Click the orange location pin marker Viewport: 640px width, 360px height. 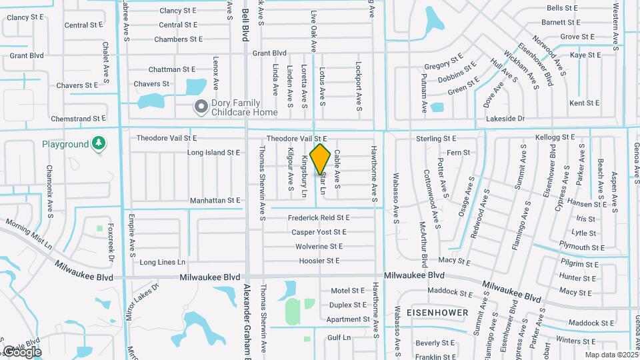pos(320,159)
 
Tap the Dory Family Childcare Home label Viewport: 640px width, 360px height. pos(244,107)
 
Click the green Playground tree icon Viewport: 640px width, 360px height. pos(99,143)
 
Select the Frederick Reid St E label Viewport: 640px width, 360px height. pos(319,218)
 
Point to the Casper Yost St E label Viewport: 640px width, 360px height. pos(319,232)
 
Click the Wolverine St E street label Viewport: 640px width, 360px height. pos(319,247)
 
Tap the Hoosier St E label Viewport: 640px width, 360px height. pos(319,261)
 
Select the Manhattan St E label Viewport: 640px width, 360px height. pos(215,200)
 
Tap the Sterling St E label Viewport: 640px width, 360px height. pos(435,139)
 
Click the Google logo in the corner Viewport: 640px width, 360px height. pos(22,351)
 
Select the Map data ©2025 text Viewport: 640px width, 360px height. pos(611,355)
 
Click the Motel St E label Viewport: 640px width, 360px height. pos(348,291)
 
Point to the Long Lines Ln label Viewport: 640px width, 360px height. pos(162,262)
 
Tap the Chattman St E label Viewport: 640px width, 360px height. pos(171,69)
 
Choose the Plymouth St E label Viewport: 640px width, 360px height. pos(581,247)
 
